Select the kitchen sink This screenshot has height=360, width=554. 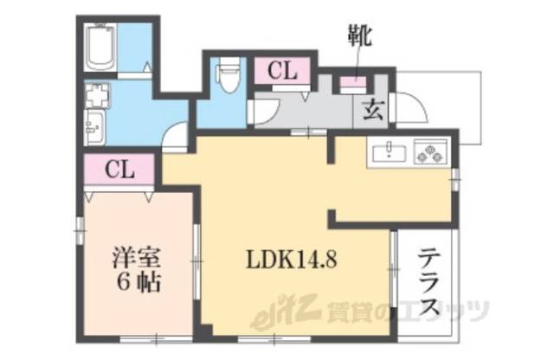point(391,154)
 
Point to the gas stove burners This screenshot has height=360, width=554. point(429,153)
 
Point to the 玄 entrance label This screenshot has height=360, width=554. point(373,111)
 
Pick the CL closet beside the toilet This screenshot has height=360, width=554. point(282,72)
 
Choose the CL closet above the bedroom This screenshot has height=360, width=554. point(120,170)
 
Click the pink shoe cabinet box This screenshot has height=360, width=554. point(352,83)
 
